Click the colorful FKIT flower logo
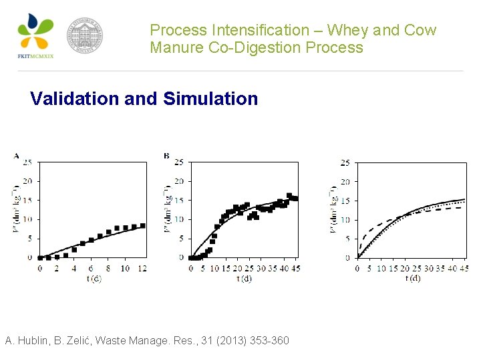tap(35, 32)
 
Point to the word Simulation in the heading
tap(210, 99)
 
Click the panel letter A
tap(16, 156)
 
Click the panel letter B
tap(166, 156)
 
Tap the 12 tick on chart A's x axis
tap(142, 268)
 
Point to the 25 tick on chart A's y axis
tap(27, 162)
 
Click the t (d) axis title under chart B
tap(244, 278)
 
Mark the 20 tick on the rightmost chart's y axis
tap(345, 182)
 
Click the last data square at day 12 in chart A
tap(142, 225)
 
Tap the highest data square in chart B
tap(289, 196)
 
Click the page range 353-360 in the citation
tap(269, 341)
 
